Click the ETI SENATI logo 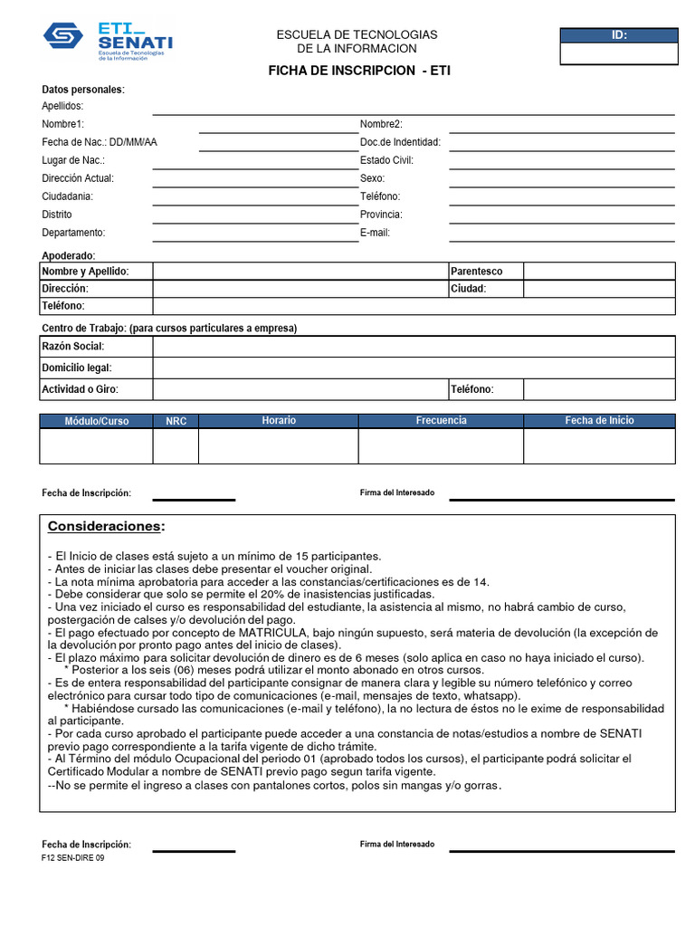coord(108,41)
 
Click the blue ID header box coord(619,35)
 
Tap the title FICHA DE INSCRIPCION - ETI coord(357,71)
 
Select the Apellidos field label coord(62,107)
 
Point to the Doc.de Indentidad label coord(400,142)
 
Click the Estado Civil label coord(386,160)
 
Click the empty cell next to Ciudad coord(598,289)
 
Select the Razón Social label coord(73,347)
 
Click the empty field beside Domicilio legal coord(413,368)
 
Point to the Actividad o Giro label coord(81,389)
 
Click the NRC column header coord(176,421)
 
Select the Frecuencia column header coord(441,421)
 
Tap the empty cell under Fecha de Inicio coord(598,445)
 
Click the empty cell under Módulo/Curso coord(96,445)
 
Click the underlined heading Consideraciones coord(107,527)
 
